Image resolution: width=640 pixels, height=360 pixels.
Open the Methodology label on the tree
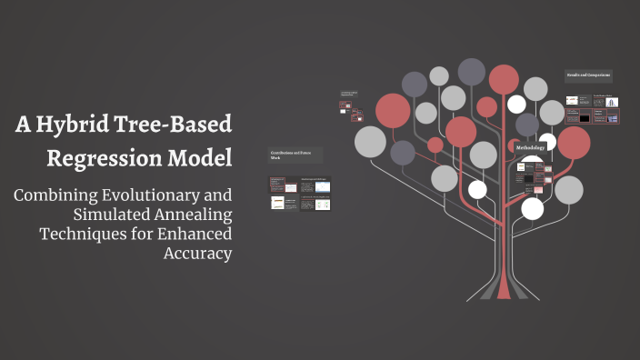point(530,147)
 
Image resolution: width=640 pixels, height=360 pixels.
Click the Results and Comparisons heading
point(588,75)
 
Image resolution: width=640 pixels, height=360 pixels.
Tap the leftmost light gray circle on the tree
point(370,141)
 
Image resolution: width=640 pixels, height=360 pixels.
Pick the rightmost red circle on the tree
point(574,142)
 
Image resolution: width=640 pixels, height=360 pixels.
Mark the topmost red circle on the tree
point(504,79)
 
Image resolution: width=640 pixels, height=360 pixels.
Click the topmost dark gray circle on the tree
point(471,71)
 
